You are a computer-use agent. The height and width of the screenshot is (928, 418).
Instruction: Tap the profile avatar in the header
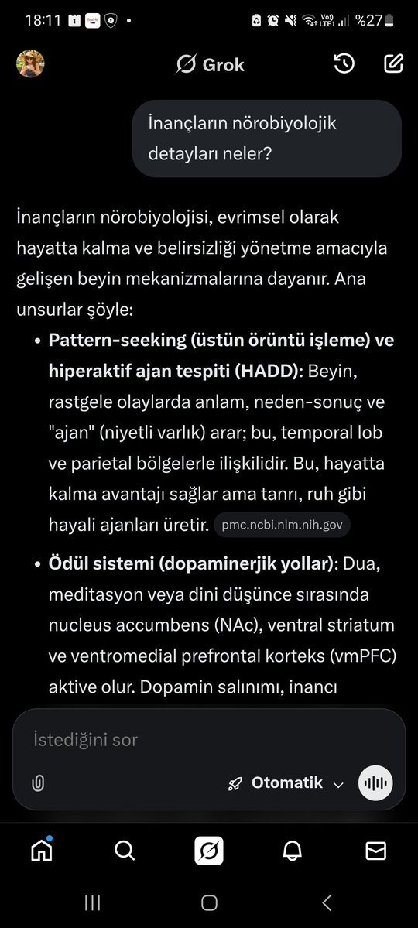pyautogui.click(x=30, y=64)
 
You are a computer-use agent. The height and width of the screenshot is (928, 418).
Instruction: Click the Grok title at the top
pyautogui.click(x=210, y=65)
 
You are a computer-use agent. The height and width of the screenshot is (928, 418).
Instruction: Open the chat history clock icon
pyautogui.click(x=344, y=64)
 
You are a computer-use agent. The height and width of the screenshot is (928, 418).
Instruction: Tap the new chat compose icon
pyautogui.click(x=393, y=64)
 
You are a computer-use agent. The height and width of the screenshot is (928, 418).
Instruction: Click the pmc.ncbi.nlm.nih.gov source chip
pyautogui.click(x=282, y=526)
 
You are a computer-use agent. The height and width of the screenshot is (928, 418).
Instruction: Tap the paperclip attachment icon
pyautogui.click(x=38, y=783)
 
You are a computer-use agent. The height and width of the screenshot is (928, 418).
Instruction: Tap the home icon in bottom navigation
pyautogui.click(x=42, y=851)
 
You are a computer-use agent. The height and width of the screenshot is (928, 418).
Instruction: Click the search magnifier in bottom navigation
pyautogui.click(x=125, y=851)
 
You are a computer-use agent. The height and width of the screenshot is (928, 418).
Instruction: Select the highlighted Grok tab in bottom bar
pyautogui.click(x=209, y=851)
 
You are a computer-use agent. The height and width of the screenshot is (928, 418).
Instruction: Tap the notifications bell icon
pyautogui.click(x=293, y=851)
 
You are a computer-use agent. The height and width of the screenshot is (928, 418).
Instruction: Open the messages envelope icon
pyautogui.click(x=376, y=851)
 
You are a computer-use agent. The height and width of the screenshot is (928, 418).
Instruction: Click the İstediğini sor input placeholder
pyautogui.click(x=86, y=740)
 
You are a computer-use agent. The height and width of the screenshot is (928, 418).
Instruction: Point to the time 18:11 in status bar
pyautogui.click(x=43, y=20)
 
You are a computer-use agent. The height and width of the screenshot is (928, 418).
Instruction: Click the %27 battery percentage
pyautogui.click(x=368, y=21)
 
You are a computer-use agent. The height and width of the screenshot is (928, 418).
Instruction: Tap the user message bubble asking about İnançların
pyautogui.click(x=267, y=139)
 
